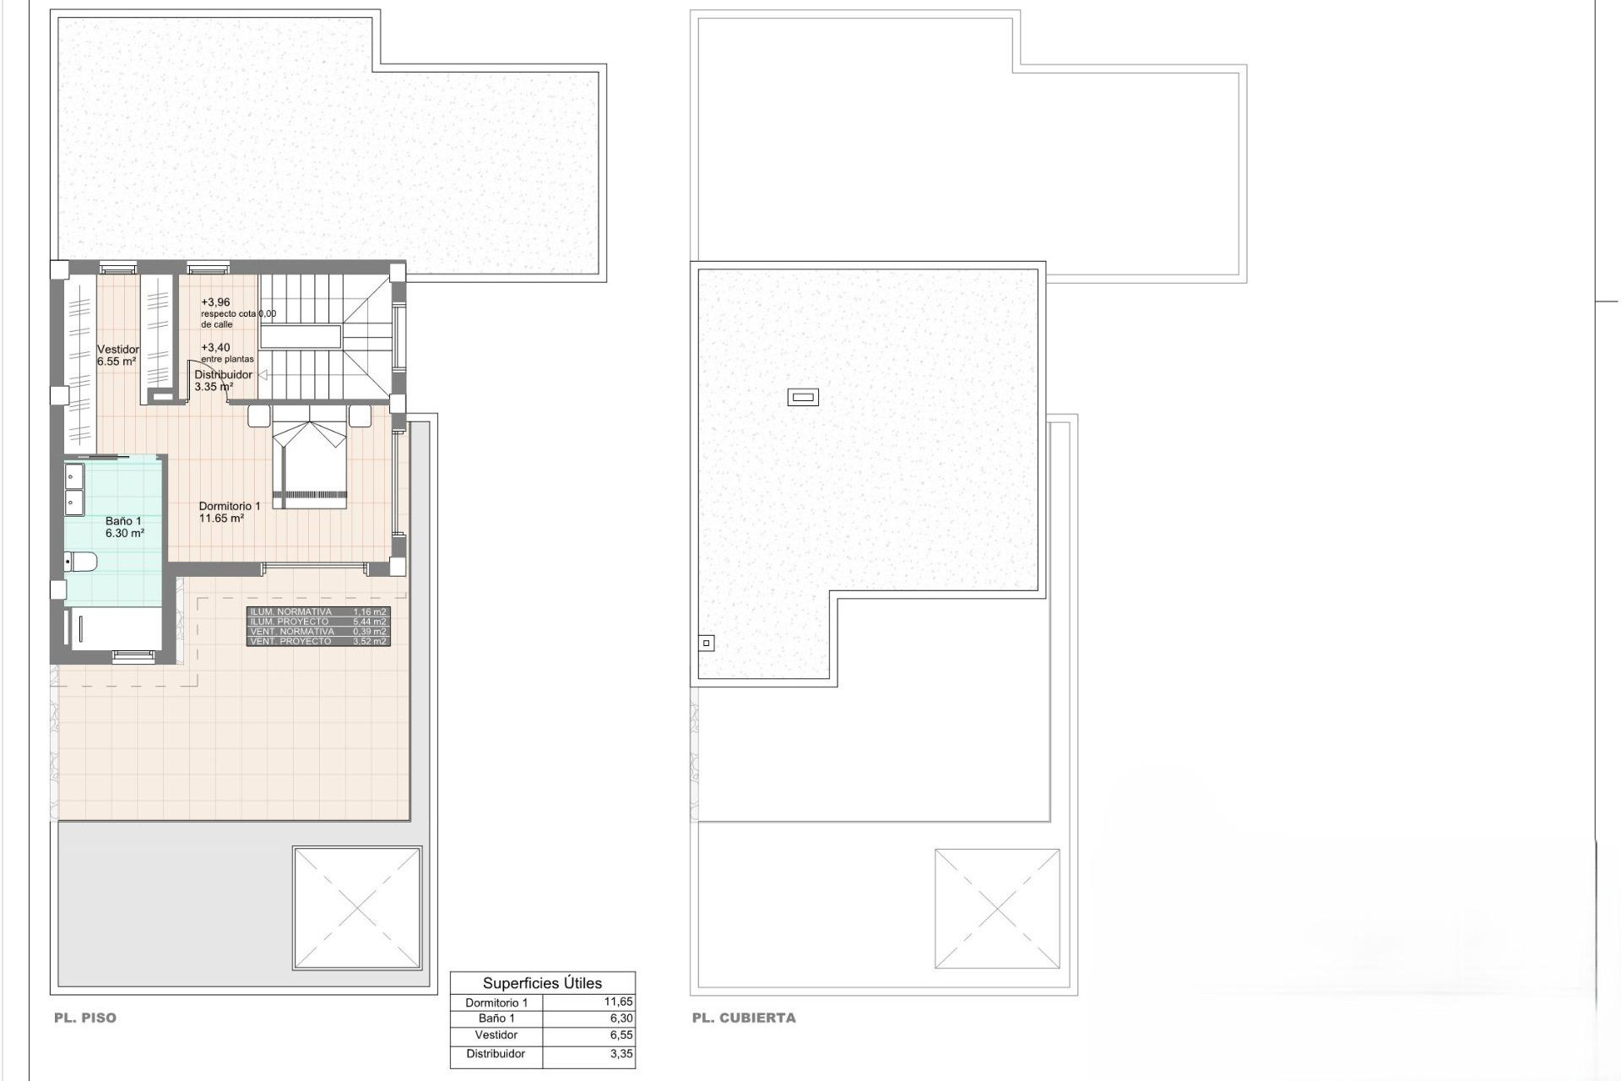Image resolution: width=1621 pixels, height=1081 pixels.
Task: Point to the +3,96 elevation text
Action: [x=215, y=302]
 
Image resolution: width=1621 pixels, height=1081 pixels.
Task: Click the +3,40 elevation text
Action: [x=215, y=347]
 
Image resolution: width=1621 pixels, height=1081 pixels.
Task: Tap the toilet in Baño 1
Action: [x=81, y=561]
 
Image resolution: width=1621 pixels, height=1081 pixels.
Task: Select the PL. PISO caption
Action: [x=85, y=1018]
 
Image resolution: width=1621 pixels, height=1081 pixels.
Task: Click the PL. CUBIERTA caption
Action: [x=744, y=1018]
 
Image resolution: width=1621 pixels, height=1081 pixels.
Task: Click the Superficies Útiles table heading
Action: [x=542, y=983]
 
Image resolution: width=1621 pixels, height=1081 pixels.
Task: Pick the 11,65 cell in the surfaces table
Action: [x=618, y=1002]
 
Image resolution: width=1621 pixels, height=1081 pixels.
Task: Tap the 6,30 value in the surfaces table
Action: [x=621, y=1019]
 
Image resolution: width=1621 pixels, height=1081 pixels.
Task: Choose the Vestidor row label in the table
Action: [x=496, y=1035]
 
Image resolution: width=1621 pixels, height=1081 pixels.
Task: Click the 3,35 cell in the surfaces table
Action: [x=621, y=1054]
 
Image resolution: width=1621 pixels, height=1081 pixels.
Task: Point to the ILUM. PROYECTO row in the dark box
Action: [x=290, y=622]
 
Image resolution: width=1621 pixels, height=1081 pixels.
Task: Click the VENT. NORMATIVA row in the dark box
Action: [x=292, y=632]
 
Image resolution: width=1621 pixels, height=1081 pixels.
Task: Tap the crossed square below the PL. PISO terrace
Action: [x=356, y=908]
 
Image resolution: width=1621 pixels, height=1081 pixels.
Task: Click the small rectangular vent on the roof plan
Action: [x=803, y=397]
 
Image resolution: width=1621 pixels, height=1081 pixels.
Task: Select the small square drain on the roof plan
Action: [x=707, y=644]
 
